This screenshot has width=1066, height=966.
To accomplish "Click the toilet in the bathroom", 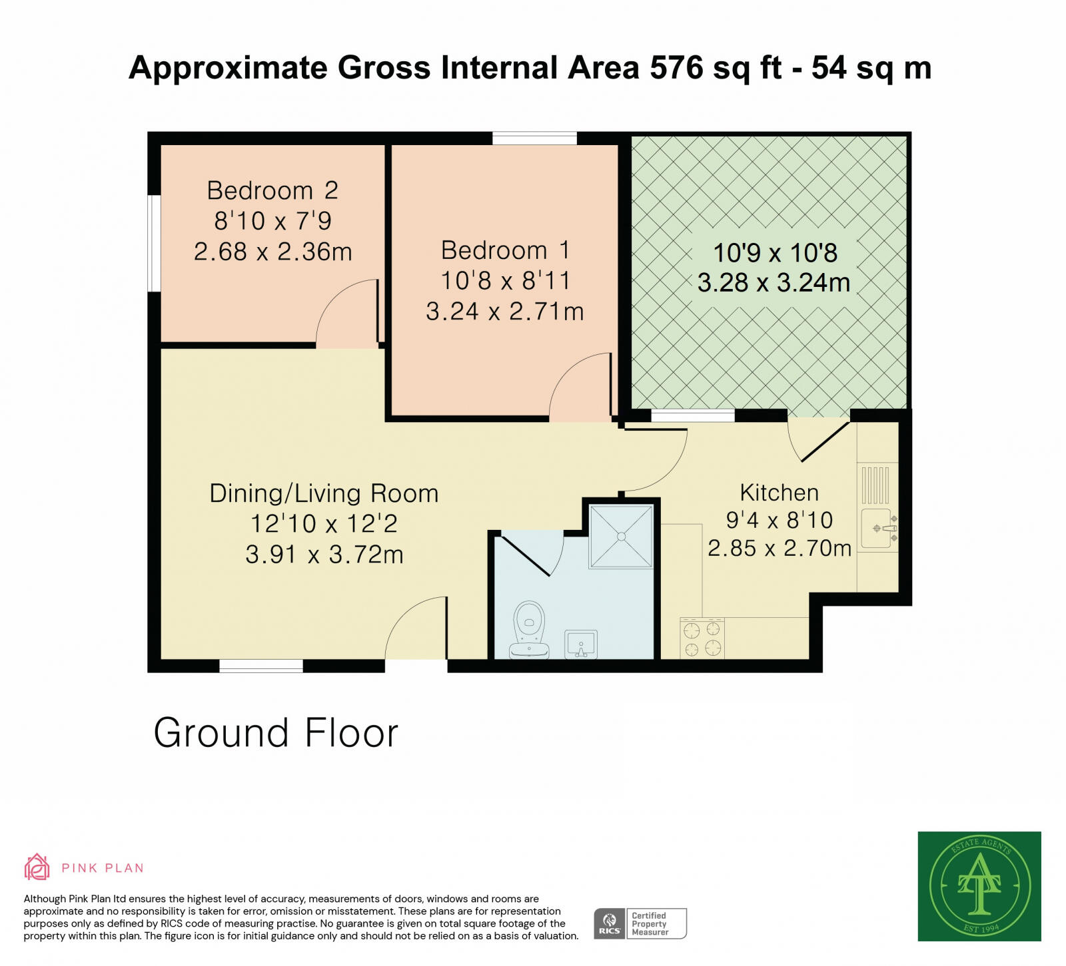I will (529, 630).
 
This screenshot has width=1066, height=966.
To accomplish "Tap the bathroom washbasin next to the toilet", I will (581, 644).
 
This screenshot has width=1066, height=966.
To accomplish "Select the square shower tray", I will (621, 537).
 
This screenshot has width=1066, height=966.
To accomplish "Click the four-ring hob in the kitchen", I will (702, 638).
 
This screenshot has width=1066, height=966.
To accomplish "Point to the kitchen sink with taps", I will (878, 529).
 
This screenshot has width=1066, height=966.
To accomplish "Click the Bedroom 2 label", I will (272, 191).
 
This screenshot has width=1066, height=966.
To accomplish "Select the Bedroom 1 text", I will (505, 251).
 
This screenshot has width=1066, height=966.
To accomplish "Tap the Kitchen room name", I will (779, 493).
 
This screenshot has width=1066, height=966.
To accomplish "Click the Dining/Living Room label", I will (324, 494).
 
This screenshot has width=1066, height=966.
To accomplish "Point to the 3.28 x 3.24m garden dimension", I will (774, 283).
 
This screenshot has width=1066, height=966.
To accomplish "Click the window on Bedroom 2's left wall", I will (154, 243).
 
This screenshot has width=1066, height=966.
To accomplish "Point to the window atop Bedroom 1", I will (534, 138).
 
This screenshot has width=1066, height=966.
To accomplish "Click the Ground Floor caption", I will (276, 733).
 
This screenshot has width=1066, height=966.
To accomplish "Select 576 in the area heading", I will (676, 68).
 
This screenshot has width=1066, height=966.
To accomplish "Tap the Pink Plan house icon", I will (37, 867).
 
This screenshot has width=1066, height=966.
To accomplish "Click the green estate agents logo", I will (979, 886).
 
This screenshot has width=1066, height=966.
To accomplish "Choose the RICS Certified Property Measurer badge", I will (640, 923).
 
